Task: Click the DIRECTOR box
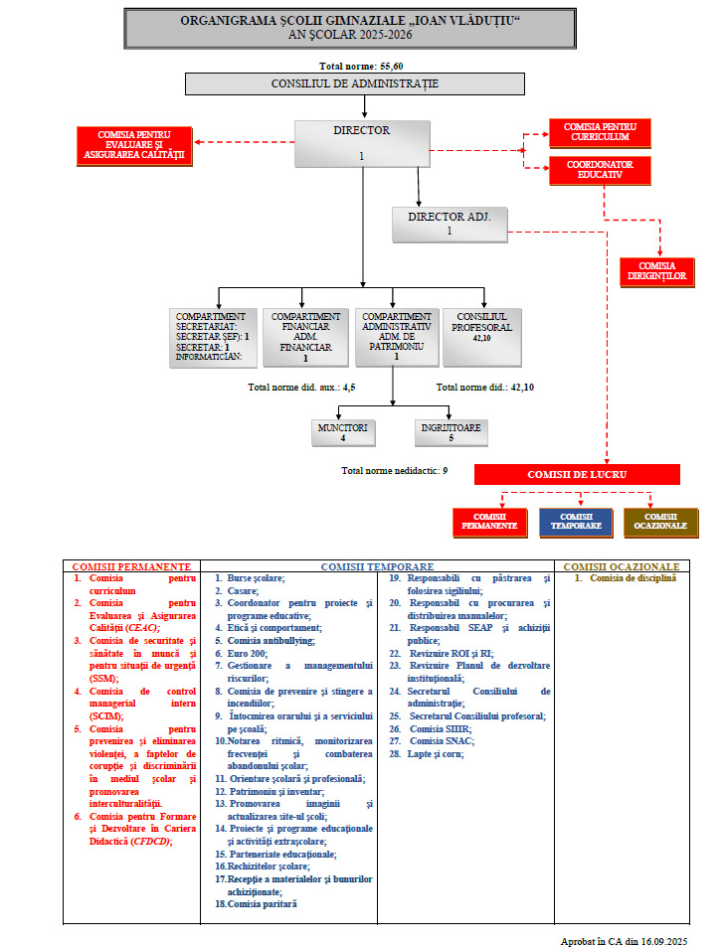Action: tap(362, 143)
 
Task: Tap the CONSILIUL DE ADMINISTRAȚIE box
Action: tap(354, 84)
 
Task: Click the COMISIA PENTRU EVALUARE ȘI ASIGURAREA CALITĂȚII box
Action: tap(133, 145)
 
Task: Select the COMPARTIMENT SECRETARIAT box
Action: tap(213, 338)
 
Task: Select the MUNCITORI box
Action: tap(343, 432)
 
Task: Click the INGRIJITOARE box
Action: tap(451, 432)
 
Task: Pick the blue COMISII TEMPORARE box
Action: tap(576, 522)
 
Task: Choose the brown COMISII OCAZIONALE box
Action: tap(660, 522)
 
